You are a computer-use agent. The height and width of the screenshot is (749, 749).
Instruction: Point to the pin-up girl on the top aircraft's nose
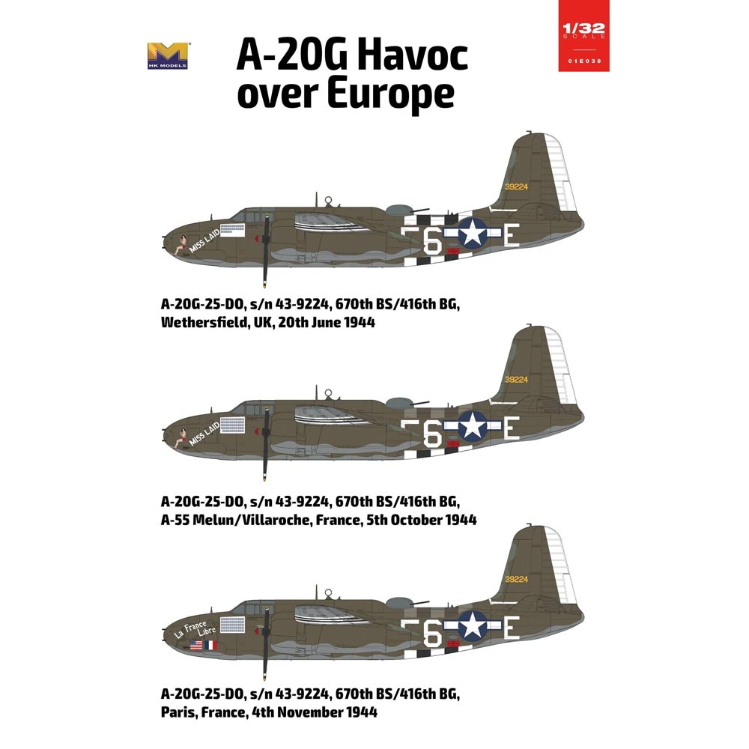tap(181, 244)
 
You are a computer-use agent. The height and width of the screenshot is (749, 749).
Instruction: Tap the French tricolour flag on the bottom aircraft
tap(210, 644)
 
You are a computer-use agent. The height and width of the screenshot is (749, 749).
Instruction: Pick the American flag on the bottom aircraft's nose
tap(196, 644)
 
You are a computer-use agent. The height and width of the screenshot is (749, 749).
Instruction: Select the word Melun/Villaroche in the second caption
tap(253, 519)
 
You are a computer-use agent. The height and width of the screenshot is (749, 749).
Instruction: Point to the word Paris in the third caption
tap(180, 712)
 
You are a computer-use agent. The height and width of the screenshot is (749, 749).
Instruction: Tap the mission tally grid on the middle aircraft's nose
tap(232, 425)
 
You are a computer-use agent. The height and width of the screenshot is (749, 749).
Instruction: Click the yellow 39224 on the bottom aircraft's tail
tap(516, 579)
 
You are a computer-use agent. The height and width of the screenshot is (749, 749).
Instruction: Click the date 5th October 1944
tap(416, 519)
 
